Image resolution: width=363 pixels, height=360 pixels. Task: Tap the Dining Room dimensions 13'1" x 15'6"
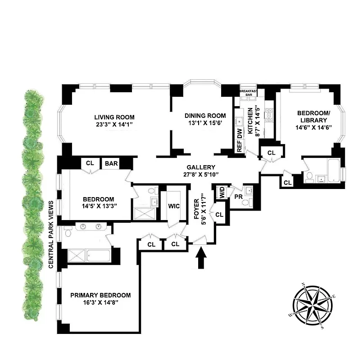pos(205,123)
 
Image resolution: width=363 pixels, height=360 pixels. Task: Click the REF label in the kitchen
pos(240,148)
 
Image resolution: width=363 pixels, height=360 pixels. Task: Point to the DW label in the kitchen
pos(240,133)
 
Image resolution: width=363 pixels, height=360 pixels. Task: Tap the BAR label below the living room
pos(111,164)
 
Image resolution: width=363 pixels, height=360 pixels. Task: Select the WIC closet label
pos(174,206)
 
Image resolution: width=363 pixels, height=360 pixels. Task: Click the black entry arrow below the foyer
pos(201,259)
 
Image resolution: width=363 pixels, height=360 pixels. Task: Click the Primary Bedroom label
pos(100,295)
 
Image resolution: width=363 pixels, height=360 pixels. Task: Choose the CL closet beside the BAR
pos(90,163)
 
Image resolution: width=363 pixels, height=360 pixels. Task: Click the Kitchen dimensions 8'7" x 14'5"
pos(258,121)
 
